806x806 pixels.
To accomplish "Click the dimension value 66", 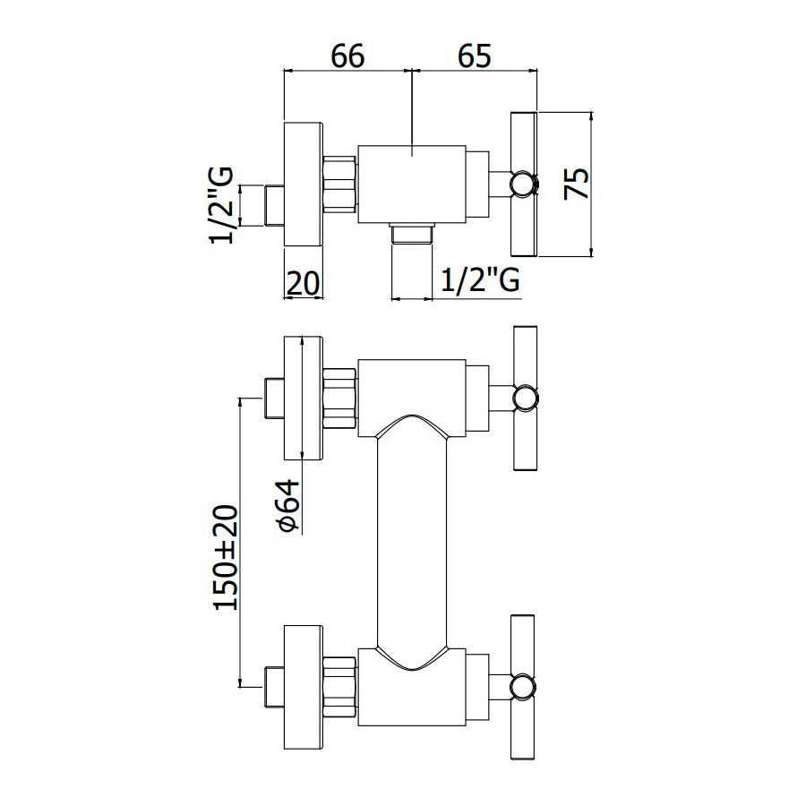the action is tap(348, 56).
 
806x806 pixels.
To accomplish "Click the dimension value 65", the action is tap(475, 56).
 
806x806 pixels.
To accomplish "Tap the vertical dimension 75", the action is tap(577, 184).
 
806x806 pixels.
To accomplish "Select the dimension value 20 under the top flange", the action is tap(303, 283).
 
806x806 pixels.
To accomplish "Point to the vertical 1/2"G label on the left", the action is tap(222, 205).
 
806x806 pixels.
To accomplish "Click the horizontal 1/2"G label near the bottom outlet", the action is tap(481, 279).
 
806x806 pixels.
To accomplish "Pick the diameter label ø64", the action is tap(287, 504).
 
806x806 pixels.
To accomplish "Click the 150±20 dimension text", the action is tap(227, 558).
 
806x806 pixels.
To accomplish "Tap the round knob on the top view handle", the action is tap(524, 184).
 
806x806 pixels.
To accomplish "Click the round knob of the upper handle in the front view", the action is tap(526, 399).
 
